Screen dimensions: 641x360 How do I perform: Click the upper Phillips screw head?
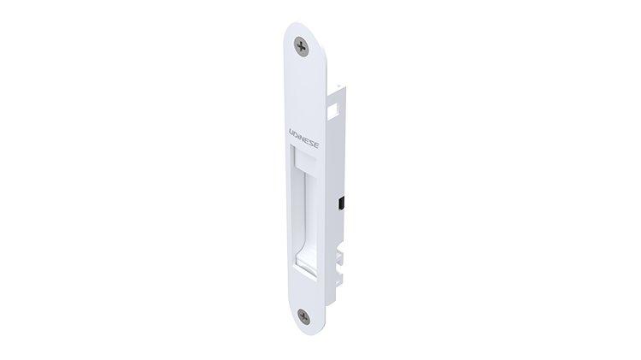302,47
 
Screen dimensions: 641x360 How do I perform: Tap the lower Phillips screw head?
303,316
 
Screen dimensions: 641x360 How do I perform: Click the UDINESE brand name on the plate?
304,139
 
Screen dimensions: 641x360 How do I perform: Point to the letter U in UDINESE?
292,133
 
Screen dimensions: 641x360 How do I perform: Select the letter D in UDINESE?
297,134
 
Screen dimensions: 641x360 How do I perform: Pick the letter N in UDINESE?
304,139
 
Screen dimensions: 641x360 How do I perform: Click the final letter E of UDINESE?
317,145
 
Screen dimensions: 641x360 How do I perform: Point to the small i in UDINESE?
301,137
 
